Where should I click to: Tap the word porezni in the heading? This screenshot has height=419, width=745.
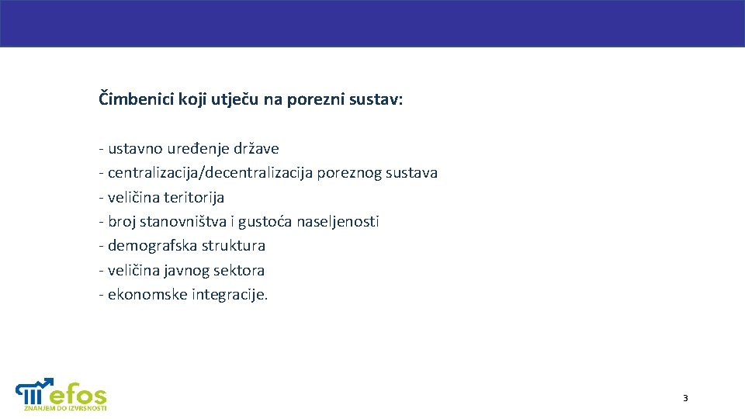point(314,99)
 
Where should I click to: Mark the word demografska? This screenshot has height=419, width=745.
point(152,246)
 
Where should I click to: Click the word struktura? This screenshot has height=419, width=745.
point(234,246)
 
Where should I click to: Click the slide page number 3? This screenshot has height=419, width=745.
point(685,398)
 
